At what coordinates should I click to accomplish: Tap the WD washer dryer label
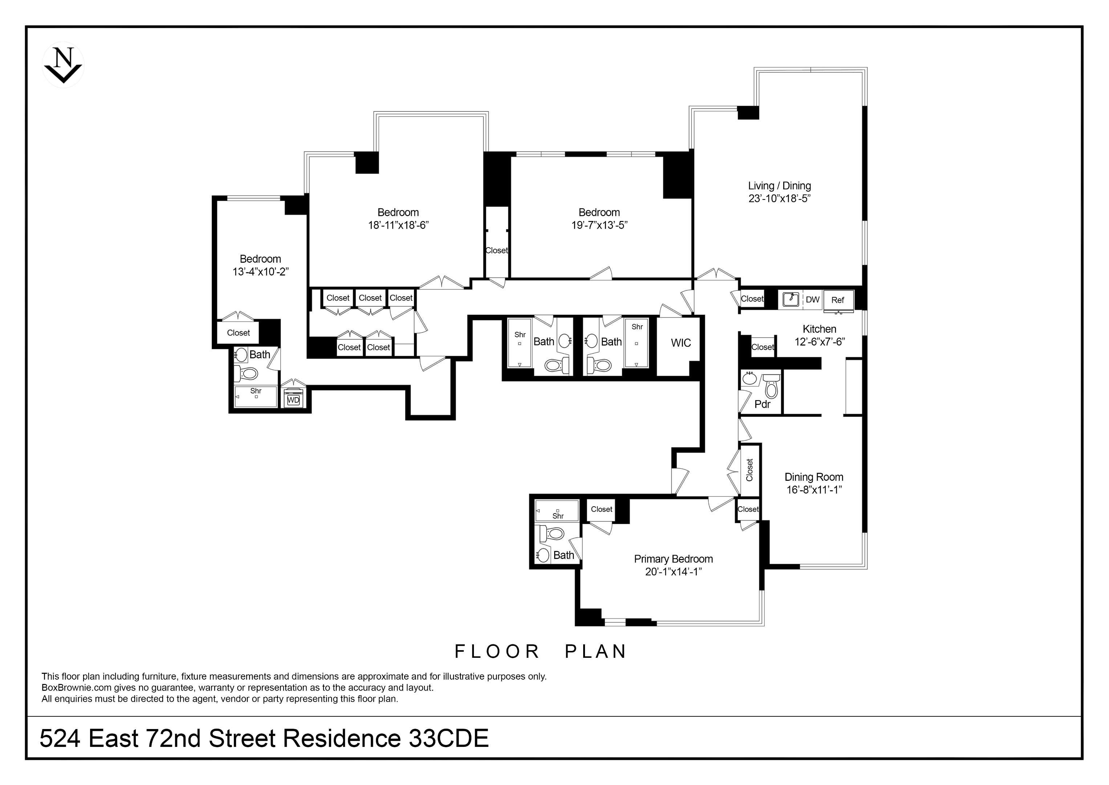[293, 400]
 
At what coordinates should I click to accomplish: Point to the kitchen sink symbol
[791, 299]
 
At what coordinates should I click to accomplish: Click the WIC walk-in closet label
[681, 343]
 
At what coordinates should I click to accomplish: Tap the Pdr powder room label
[762, 404]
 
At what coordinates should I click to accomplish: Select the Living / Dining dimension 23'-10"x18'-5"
[779, 198]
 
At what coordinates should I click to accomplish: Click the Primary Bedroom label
[673, 559]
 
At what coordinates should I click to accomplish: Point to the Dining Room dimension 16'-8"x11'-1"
[814, 490]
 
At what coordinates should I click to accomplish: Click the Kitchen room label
[819, 329]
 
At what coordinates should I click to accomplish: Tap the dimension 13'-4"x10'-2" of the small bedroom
[260, 271]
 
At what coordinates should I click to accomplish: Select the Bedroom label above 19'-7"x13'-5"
[599, 212]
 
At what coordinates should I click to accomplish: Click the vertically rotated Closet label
[750, 470]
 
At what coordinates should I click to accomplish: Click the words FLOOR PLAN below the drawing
[540, 652]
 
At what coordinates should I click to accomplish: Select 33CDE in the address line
[449, 738]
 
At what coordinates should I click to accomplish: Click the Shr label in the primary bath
[558, 516]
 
